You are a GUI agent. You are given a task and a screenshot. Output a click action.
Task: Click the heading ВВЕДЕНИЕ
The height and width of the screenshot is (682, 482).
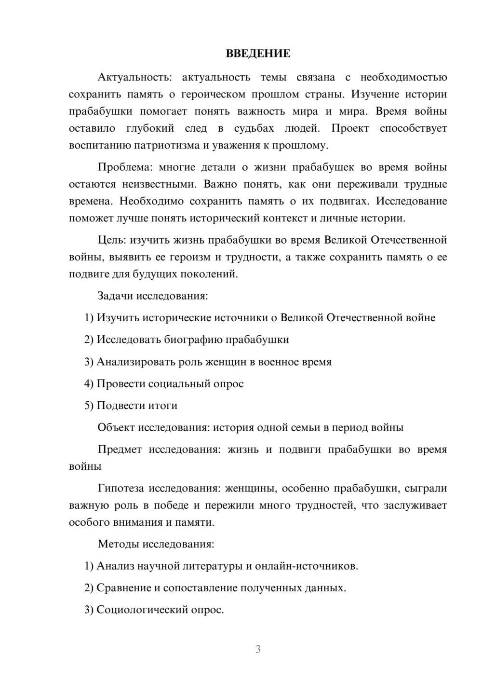258,54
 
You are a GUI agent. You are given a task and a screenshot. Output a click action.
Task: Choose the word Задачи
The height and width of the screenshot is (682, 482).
116,296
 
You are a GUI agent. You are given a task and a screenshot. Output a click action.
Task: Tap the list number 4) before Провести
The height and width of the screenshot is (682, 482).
89,384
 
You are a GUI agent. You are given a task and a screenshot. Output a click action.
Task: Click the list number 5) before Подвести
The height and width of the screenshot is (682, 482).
89,406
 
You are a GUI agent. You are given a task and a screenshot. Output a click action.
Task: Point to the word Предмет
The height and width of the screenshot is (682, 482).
120,450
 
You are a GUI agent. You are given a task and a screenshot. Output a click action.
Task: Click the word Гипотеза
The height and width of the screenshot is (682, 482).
120,488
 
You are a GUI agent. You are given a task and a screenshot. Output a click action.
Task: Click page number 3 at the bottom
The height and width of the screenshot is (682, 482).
258,649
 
